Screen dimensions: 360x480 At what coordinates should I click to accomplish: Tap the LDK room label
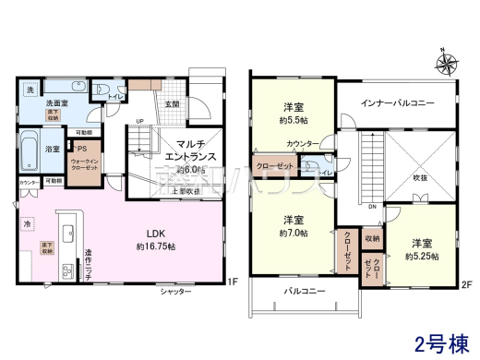(149, 233)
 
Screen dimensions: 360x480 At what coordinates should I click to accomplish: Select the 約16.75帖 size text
(149, 246)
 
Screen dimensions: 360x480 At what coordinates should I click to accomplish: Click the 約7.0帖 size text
(294, 234)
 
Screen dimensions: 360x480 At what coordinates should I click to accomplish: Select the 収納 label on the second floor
(371, 239)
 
